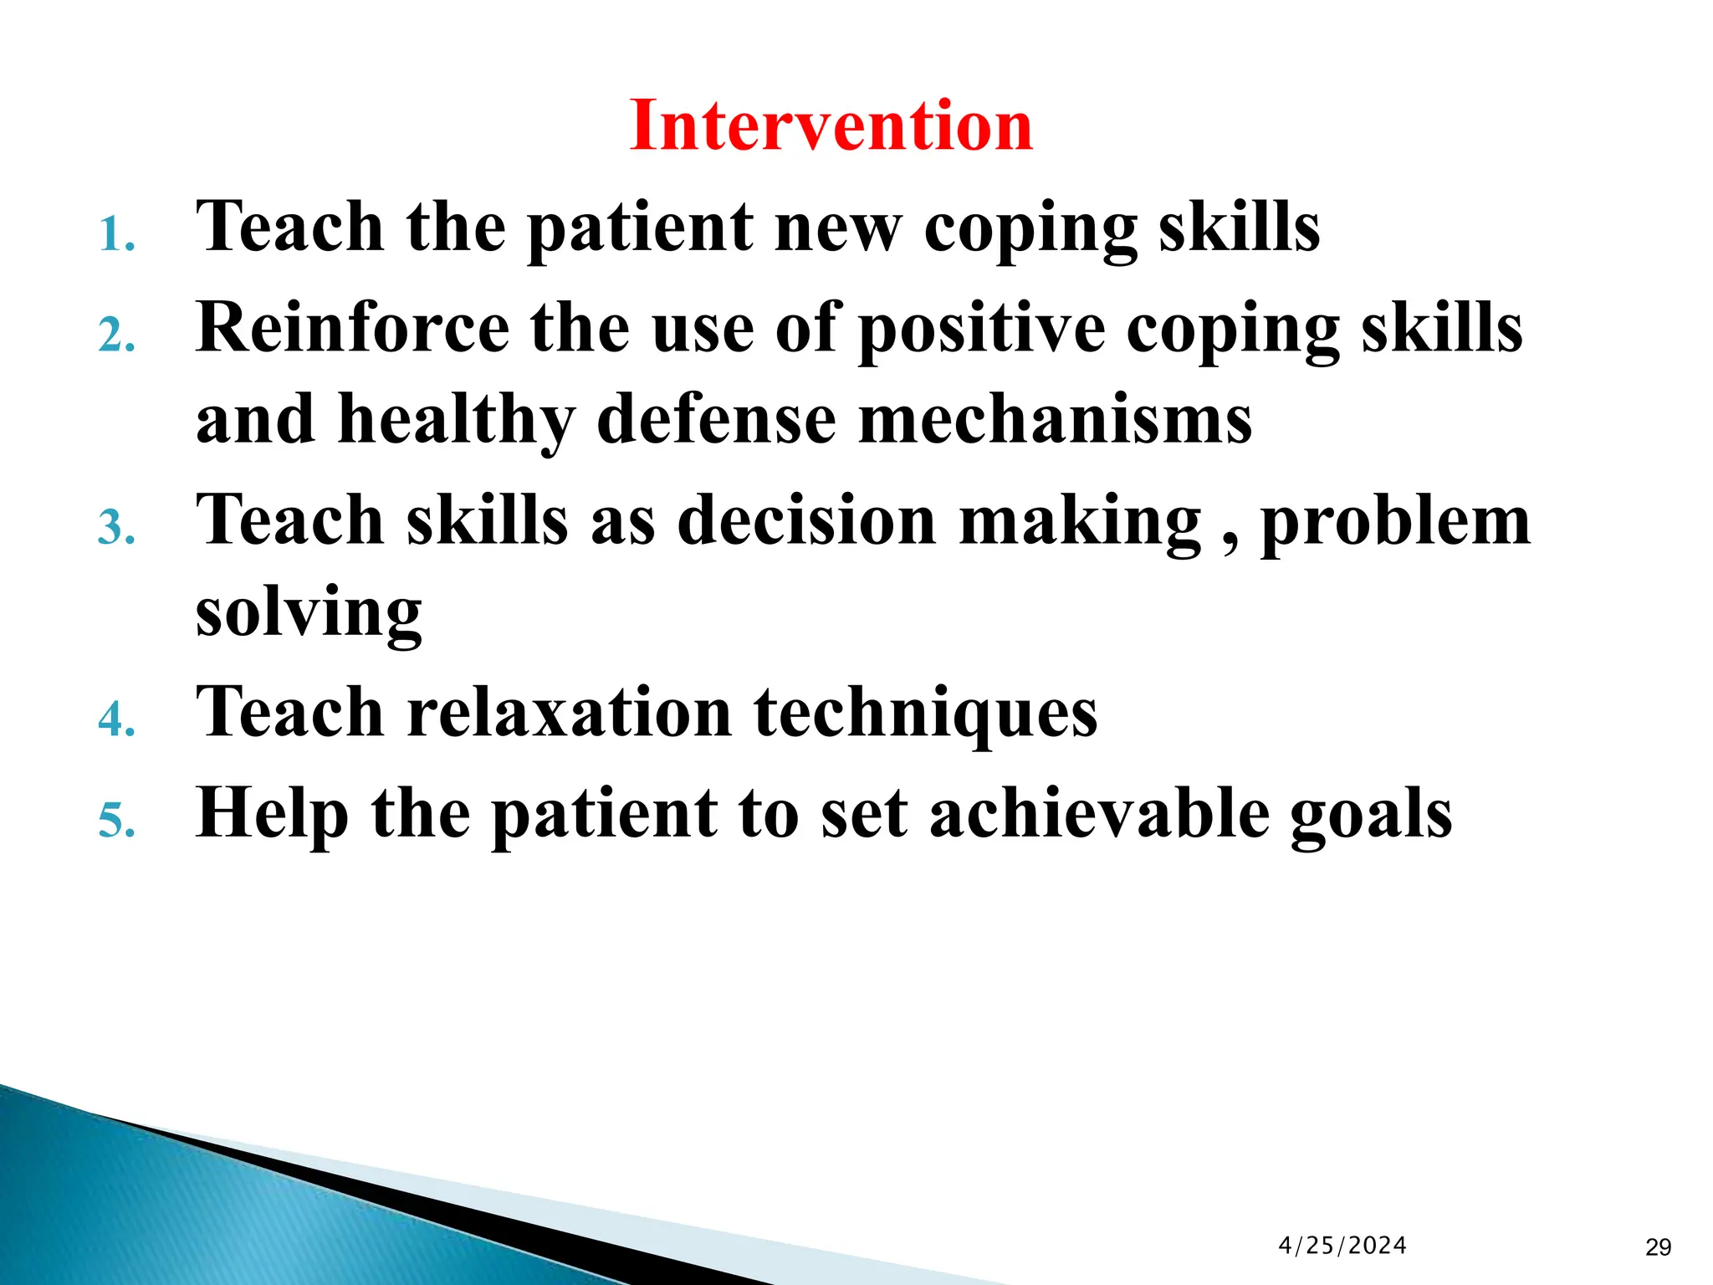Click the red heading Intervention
point(831,125)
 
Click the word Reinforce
point(352,328)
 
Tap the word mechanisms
point(1055,420)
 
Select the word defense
point(716,420)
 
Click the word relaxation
point(569,713)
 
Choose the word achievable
point(1099,813)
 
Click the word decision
point(806,520)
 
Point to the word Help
point(272,813)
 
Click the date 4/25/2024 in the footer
point(1342,1246)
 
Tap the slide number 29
point(1658,1247)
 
